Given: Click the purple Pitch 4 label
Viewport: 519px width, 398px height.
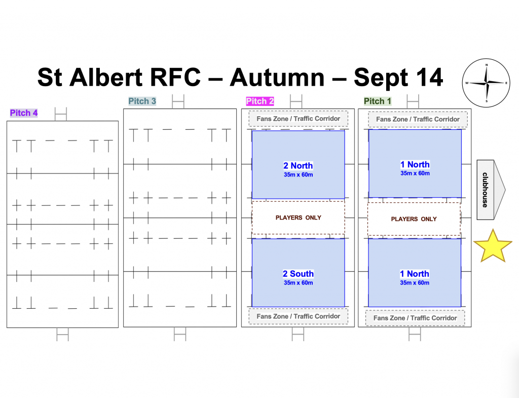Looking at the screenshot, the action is click(x=24, y=113).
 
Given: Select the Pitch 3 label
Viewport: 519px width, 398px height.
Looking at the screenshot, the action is click(x=142, y=101).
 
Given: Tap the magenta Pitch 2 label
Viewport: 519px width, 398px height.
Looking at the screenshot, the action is click(x=260, y=101).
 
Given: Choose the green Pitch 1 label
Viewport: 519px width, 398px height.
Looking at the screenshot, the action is click(x=377, y=101).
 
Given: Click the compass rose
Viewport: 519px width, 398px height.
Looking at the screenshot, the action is click(x=486, y=83).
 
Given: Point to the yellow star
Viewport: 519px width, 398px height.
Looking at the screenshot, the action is click(x=493, y=246).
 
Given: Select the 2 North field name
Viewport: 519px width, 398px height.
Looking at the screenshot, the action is click(x=298, y=166).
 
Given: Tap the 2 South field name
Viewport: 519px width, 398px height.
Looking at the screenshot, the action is click(x=298, y=274).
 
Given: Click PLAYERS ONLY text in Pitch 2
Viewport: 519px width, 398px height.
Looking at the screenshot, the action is click(x=298, y=218).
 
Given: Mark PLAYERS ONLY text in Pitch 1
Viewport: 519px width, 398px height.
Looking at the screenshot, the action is click(x=414, y=219).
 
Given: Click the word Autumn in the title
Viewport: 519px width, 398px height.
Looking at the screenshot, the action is click(x=277, y=78).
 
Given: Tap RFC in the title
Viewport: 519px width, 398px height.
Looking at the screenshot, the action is click(x=175, y=78).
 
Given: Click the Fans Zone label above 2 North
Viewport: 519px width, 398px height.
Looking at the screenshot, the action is click(x=298, y=119).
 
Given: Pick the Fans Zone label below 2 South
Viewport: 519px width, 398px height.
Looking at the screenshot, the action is click(x=298, y=316).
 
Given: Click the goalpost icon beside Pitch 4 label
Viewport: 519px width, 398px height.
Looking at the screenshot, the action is click(x=61, y=114).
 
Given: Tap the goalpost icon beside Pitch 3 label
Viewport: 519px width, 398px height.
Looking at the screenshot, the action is click(x=178, y=101).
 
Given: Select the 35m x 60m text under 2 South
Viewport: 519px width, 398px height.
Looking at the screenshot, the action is click(x=298, y=283).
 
